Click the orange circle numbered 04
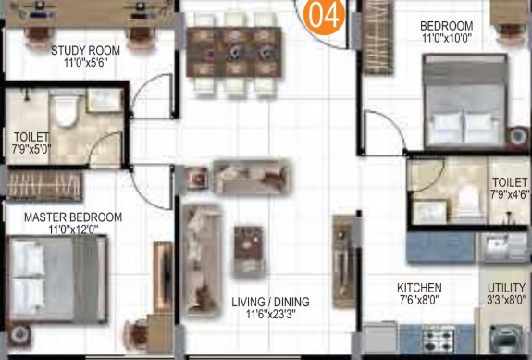point(324,15)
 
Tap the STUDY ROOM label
point(85,51)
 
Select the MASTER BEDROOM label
point(73,217)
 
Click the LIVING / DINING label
point(270,302)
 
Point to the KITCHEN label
point(419,288)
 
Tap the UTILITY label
point(506,288)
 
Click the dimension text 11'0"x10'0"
point(447,38)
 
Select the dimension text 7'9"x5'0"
point(31,149)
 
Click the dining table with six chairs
point(234,53)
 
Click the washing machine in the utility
point(505,340)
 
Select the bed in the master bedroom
point(57,279)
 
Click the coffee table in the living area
point(249,251)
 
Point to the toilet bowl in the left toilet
point(67,109)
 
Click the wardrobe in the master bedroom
point(44,186)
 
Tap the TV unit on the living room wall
point(342,261)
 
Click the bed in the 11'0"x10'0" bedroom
point(465,101)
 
